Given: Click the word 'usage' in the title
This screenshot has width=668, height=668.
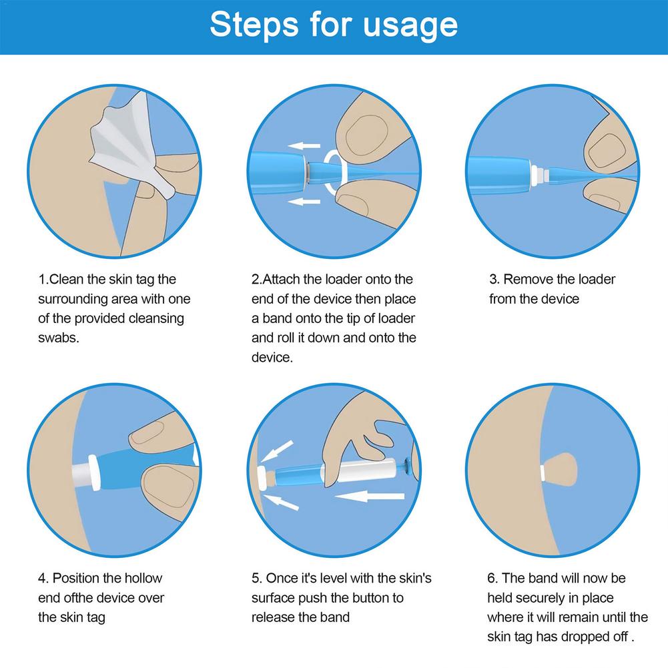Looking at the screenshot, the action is tap(410, 25).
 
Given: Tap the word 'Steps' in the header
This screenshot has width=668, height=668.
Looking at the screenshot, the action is tap(254, 25).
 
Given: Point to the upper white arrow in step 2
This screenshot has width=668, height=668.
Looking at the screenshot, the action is tap(304, 145).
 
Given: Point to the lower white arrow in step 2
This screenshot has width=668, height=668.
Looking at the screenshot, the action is tap(304, 201).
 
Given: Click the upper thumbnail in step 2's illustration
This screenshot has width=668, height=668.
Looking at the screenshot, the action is tap(366, 135).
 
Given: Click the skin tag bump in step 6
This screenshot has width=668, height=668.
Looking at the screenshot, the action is tap(561, 470).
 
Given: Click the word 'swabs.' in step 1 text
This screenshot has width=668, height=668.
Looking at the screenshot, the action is tap(58, 338).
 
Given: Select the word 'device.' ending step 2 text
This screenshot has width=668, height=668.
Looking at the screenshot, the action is tap(272, 357).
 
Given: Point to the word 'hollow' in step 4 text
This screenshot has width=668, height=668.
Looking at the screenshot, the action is tap(143, 578).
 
